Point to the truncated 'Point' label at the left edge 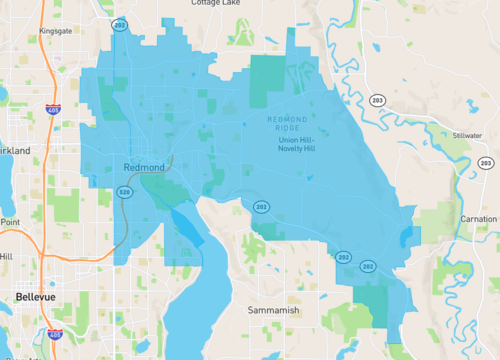click(9, 222)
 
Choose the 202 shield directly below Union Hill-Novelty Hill click(261, 206)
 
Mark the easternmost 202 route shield click(368, 267)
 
